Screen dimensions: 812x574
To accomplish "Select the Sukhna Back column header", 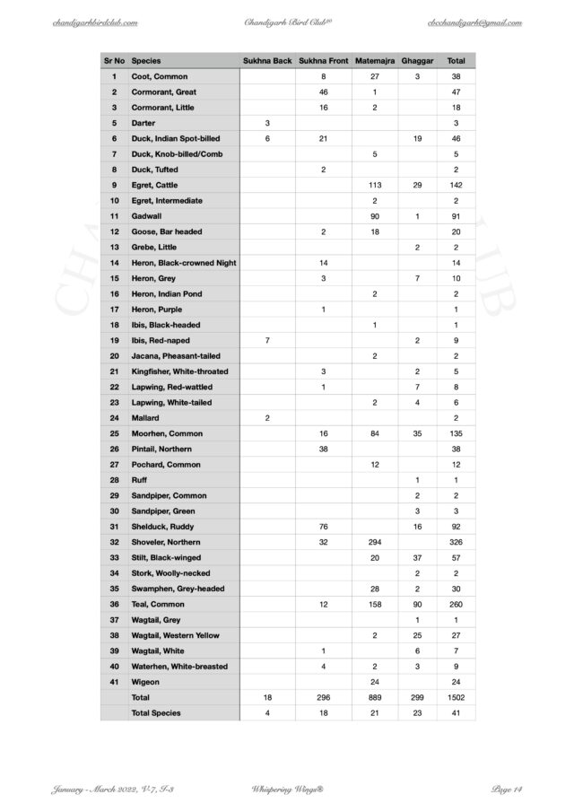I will coord(267,61).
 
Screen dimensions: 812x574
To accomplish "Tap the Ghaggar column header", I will coord(418,61).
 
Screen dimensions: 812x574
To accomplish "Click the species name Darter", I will coord(143,123).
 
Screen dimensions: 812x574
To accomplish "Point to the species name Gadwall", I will coord(147,216).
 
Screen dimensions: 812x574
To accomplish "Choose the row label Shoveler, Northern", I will coord(166,543).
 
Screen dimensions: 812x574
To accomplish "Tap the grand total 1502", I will coord(456,697).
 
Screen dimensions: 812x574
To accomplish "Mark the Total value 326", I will coord(456,543).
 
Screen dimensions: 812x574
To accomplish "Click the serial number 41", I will coord(114,682).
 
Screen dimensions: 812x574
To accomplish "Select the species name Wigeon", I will coord(145,682).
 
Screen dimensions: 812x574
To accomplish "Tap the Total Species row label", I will coord(156,713).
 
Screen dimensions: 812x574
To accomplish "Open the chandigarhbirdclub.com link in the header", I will coord(95,21).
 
